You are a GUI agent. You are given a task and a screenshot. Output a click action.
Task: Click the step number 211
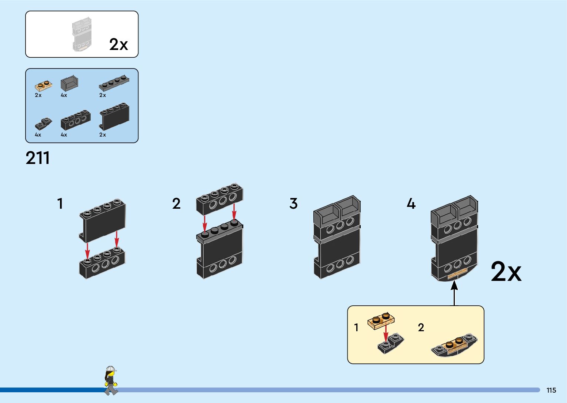[37, 158]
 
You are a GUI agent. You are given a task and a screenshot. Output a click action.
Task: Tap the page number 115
[551, 390]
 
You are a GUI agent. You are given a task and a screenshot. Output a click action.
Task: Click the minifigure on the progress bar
[110, 381]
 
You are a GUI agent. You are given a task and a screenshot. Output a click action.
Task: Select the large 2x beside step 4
[506, 272]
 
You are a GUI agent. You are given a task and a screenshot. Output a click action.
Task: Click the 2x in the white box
[119, 44]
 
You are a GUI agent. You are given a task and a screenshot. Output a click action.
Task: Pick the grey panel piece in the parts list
[69, 83]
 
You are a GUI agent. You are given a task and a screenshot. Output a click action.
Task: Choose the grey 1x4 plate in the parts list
[114, 84]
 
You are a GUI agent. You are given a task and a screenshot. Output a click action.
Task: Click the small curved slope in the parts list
[43, 124]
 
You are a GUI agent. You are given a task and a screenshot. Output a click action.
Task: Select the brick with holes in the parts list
[76, 120]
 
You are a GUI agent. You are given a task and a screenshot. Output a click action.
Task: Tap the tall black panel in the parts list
[114, 116]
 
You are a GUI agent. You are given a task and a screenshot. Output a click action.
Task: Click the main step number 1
[60, 204]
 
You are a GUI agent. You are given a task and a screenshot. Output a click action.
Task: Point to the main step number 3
[293, 204]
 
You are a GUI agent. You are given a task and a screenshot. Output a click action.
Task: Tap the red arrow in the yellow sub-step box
[386, 332]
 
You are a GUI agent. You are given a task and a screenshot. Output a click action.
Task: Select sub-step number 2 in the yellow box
[421, 328]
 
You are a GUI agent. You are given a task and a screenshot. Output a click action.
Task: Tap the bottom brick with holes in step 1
[102, 263]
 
